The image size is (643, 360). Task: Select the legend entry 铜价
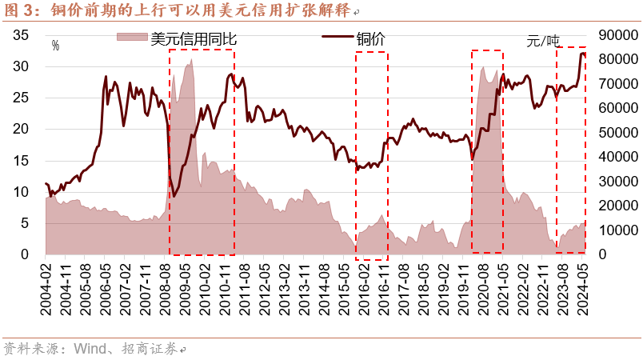pyautogui.click(x=370, y=38)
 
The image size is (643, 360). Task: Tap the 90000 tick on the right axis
pyautogui.click(x=612, y=34)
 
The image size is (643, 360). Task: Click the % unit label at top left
pyautogui.click(x=55, y=46)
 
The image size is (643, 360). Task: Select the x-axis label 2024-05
pyautogui.click(x=585, y=291)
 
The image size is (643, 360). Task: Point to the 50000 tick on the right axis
pyautogui.click(x=612, y=132)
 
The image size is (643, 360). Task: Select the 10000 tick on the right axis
pyautogui.click(x=612, y=230)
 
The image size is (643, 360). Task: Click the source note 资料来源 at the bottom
pyautogui.click(x=33, y=349)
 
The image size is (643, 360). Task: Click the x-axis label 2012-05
pyautogui.click(x=266, y=291)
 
